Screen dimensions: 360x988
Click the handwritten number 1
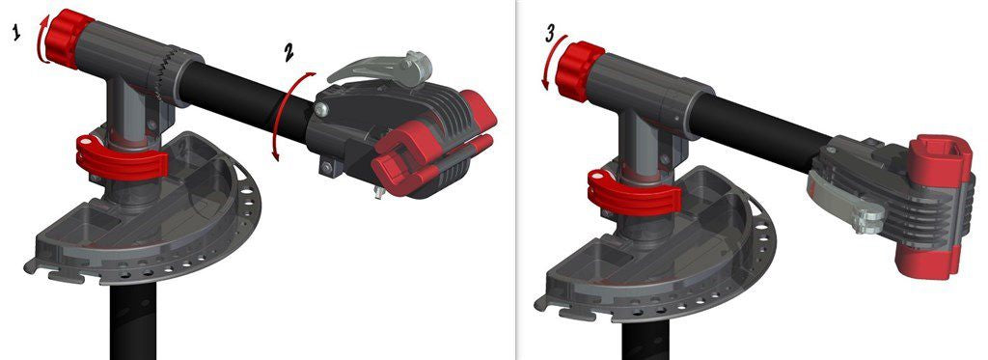[16, 34]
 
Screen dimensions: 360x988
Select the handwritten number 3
[551, 34]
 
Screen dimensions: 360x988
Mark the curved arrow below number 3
[551, 68]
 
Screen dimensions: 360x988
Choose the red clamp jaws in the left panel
[434, 145]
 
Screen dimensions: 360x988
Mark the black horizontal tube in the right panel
[762, 121]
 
